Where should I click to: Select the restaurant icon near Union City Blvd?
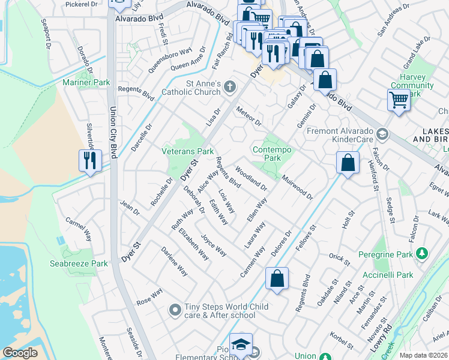coord(90,161)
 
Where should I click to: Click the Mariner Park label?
coord(86,82)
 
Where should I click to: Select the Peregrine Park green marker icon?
coord(422,254)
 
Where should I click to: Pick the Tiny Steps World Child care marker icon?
coord(175,310)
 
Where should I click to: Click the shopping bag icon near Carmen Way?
coord(277,278)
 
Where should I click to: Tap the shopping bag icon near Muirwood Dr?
coord(348,162)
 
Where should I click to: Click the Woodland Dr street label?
coord(252,179)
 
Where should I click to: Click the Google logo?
coord(20,353)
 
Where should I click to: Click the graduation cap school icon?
coord(241,344)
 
